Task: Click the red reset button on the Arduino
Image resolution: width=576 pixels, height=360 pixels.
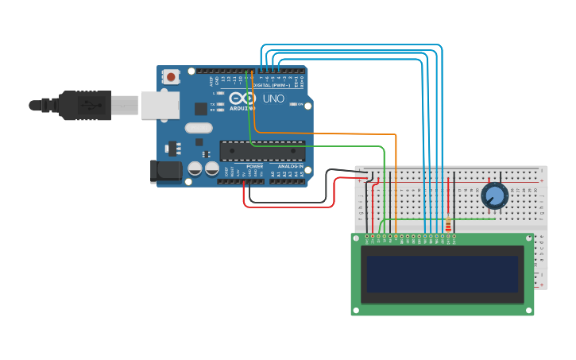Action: pos(171,77)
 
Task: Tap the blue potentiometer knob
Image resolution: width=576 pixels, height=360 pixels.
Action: pos(494,195)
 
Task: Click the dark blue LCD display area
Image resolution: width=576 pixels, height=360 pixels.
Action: pos(442,273)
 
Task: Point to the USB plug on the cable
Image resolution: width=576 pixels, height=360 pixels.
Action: pos(87,105)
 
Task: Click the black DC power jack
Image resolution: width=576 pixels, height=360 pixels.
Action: pos(164,170)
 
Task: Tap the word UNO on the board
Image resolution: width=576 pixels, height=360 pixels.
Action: pos(273,99)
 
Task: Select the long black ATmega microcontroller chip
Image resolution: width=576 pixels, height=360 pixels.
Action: pos(262,150)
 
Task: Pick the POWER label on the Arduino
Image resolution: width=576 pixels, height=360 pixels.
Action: pos(254,166)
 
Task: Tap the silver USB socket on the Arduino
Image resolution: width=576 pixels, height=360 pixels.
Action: pos(159,105)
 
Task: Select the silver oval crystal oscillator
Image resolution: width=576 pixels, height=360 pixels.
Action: pos(199,128)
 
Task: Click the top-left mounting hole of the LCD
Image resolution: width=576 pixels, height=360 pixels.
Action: pos(356,238)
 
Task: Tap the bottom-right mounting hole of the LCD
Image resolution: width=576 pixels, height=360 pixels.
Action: pos(529,311)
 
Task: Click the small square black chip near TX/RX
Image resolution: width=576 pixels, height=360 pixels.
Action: pos(202,109)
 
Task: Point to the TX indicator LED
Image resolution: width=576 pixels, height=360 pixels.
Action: pos(215,104)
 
